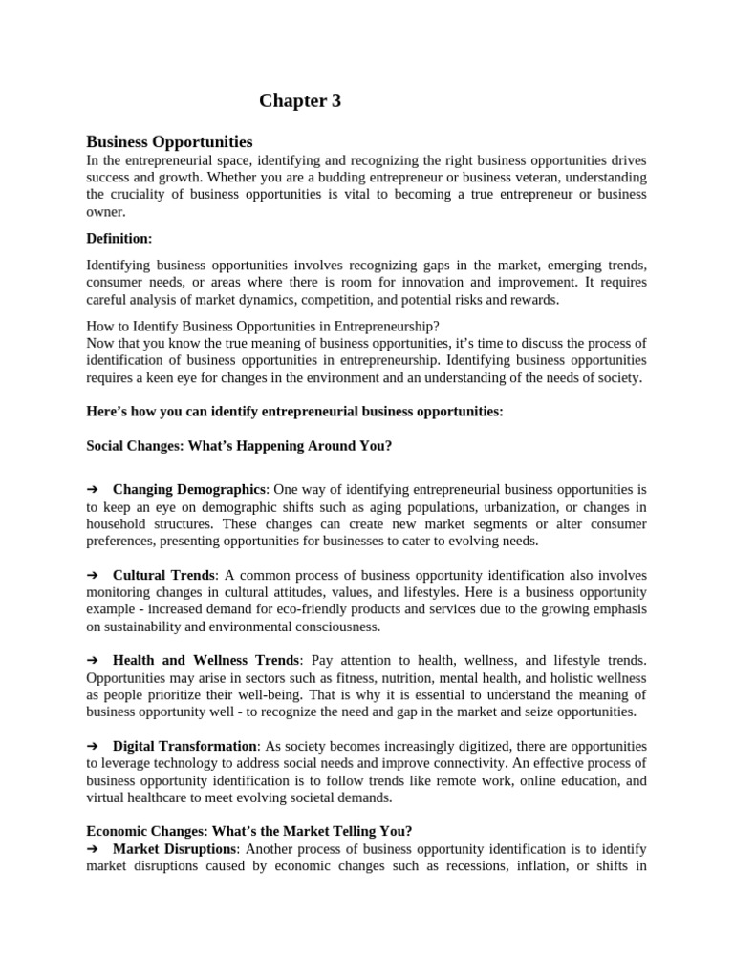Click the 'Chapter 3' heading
300,100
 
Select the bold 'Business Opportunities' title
169,141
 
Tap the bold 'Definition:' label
119,238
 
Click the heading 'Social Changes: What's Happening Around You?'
239,446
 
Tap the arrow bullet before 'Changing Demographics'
93,490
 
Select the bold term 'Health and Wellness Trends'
206,660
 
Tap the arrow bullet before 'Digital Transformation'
93,746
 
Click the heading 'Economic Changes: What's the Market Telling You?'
249,831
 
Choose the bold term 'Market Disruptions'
174,848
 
